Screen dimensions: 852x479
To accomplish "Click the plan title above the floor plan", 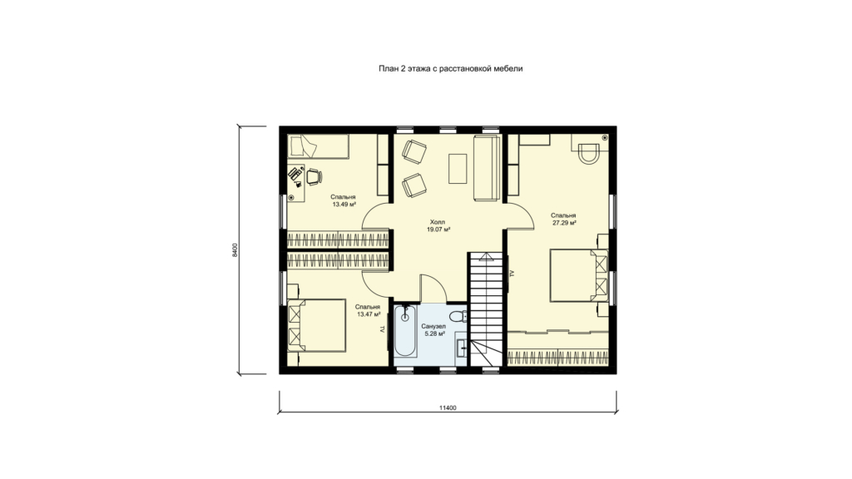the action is coord(450,68).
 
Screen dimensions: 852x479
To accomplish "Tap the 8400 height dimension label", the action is coord(235,249).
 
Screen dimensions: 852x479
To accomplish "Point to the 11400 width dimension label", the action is coord(447,407).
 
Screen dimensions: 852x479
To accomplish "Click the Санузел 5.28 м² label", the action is coord(433,330).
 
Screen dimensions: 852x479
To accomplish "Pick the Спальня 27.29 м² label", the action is coord(563,219).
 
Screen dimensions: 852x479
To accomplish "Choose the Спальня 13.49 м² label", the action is coord(343,200).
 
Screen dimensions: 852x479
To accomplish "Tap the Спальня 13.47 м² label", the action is coord(368,311).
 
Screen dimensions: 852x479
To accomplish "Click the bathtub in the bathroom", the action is coord(405,331).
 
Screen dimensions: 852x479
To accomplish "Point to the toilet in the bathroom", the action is coord(459,315).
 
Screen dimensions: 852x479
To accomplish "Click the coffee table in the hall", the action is coord(458,169).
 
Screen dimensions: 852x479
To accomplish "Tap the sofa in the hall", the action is coord(487,168).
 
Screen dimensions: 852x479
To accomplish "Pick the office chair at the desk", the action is coord(314,176).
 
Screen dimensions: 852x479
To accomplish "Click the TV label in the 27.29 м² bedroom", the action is coord(512,274).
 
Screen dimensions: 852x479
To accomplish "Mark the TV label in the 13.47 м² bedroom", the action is coord(382,329).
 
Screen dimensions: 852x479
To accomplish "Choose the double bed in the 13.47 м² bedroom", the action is coord(317,325).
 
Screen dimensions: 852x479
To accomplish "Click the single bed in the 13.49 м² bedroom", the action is coord(318,146).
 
